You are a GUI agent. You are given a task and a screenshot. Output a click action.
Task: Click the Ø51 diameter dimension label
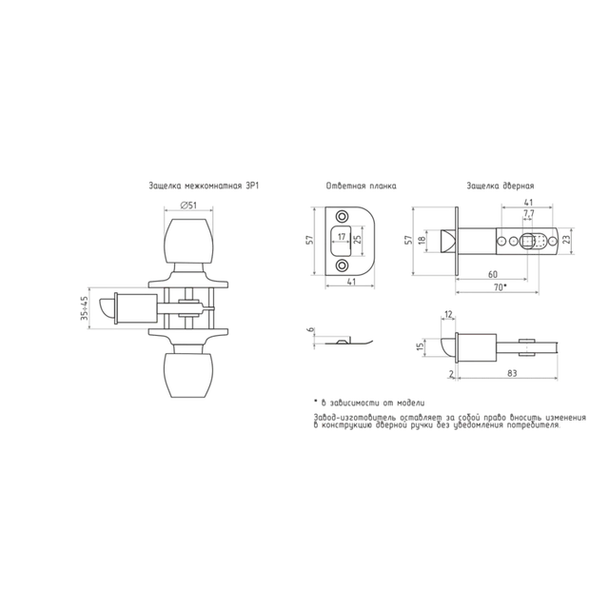[188, 206]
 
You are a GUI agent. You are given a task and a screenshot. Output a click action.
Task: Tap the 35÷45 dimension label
[85, 308]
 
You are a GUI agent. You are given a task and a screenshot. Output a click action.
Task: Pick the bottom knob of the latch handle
[188, 375]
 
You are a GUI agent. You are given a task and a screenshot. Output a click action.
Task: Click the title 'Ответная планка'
[362, 187]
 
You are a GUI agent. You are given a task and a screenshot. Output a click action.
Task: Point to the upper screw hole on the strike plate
[343, 216]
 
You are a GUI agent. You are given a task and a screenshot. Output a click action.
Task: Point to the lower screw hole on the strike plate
[343, 265]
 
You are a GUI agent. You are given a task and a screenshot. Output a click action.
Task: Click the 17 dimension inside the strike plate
[342, 237]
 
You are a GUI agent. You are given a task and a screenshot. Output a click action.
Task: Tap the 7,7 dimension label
[529, 213]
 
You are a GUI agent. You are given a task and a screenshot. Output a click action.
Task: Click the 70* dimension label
[500, 287]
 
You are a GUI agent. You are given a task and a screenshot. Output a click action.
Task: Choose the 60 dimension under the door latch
[493, 275]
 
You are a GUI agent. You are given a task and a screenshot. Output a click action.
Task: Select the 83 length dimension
[512, 373]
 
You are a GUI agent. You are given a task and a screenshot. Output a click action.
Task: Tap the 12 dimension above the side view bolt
[448, 315]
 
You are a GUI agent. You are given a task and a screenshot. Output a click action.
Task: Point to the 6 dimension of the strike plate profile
[310, 330]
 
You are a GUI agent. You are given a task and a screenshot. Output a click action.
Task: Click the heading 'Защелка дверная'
[501, 187]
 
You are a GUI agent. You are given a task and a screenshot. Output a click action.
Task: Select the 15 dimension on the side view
[420, 346]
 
